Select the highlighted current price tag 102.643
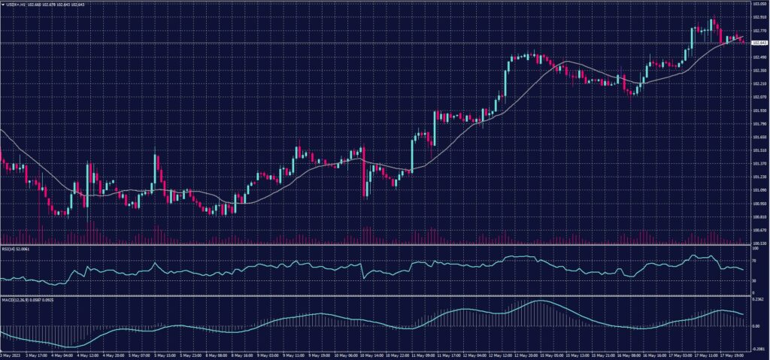(758, 43)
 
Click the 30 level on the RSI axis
(753, 281)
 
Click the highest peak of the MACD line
(539, 301)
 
